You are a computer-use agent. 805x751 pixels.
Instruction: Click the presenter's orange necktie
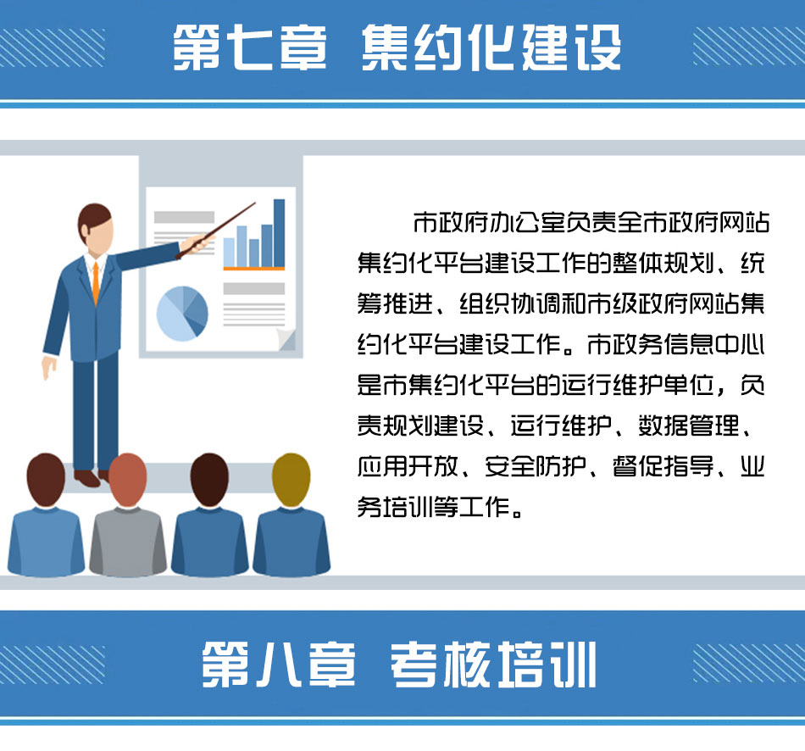pos(96,282)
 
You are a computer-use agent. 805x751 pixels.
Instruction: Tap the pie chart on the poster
pos(182,314)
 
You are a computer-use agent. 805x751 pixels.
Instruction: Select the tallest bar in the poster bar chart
pos(280,233)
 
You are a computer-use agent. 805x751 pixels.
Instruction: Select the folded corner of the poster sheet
pos(286,340)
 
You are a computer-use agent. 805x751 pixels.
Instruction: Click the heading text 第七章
pos(250,47)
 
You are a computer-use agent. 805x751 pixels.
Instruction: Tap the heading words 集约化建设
pos(491,47)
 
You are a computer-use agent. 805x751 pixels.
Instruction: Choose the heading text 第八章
pos(279,665)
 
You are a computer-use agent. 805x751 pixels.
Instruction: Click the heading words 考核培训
pos(493,665)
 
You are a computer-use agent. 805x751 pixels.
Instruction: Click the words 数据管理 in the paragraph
pos(689,426)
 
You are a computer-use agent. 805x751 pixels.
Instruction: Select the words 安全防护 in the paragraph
pos(536,466)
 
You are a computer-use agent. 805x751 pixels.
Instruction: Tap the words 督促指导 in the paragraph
pos(663,466)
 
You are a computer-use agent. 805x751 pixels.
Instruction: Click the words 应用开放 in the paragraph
pos(408,466)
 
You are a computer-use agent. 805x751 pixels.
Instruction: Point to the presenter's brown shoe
pos(86,478)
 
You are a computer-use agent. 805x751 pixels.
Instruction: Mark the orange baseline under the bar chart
pos(254,268)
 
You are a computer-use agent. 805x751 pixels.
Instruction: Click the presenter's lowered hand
pos(49,367)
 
